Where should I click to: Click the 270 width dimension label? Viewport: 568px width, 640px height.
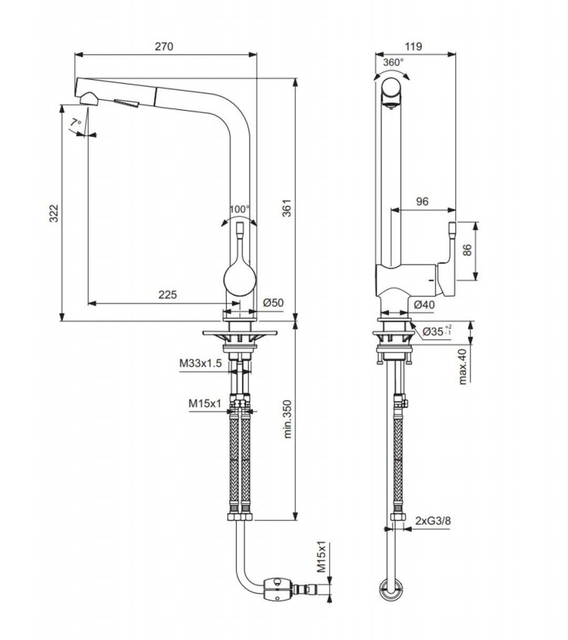click(164, 46)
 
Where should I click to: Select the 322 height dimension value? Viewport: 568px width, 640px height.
click(54, 214)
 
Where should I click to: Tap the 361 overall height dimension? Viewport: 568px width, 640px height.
click(287, 207)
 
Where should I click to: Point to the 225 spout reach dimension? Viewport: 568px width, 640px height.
click(167, 294)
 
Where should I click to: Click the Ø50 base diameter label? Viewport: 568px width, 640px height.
click(274, 302)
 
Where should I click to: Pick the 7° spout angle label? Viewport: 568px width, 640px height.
click(76, 122)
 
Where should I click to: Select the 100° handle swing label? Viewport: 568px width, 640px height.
click(239, 209)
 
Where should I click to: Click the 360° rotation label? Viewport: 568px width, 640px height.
click(394, 62)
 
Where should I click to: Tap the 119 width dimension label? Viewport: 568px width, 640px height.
click(414, 46)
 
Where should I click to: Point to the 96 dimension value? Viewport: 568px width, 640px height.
click(422, 201)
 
